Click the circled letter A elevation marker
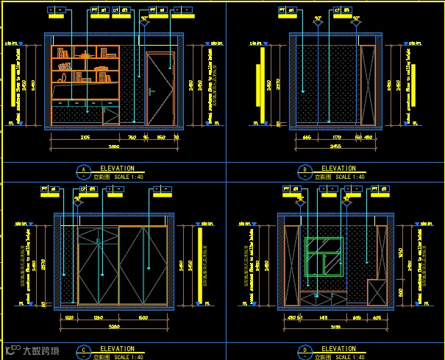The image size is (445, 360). pyautogui.click(x=83, y=172)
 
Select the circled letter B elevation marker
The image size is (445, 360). pyautogui.click(x=305, y=172)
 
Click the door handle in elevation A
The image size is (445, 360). pyautogui.click(x=151, y=92)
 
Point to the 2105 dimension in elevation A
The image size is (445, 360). pyautogui.click(x=85, y=137)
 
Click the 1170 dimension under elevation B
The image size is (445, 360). pyautogui.click(x=327, y=137)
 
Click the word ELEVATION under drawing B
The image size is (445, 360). pyautogui.click(x=338, y=169)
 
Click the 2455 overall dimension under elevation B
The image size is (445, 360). pyautogui.click(x=335, y=147)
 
